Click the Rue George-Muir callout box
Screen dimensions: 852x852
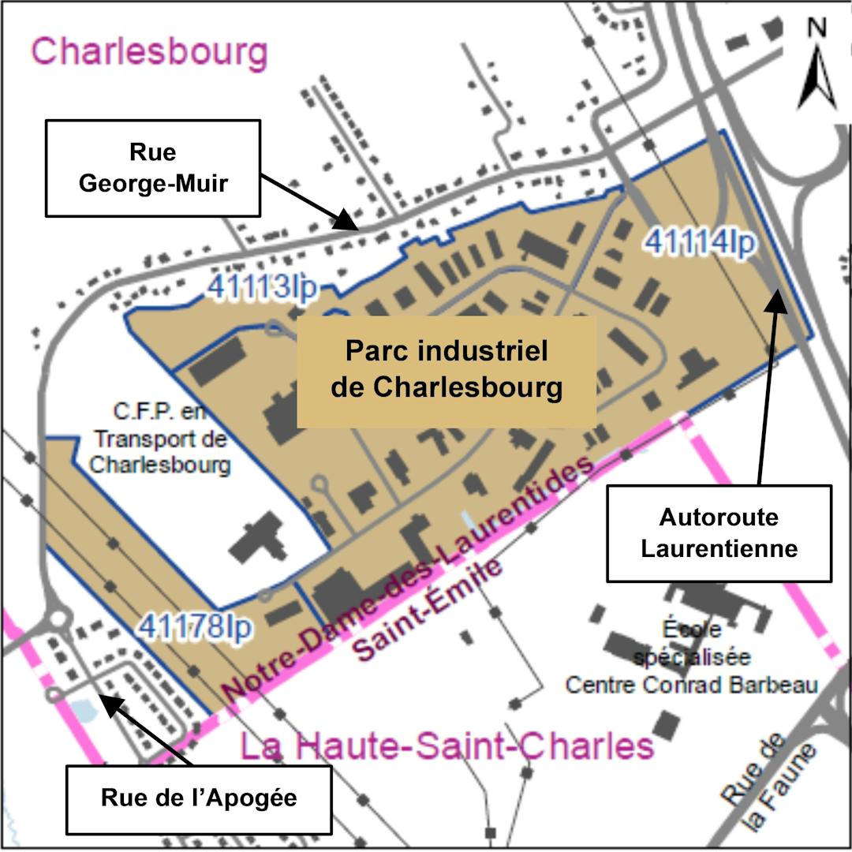152,168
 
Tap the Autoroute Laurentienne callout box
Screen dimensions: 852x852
719,533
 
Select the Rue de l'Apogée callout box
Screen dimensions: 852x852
198,798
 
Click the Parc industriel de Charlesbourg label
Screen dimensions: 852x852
446,371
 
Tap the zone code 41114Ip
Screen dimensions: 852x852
700,241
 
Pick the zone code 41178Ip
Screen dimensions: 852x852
196,628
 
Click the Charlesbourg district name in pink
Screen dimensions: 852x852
149,52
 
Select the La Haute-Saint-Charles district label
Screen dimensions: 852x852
447,745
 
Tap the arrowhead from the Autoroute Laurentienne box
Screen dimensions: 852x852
777,297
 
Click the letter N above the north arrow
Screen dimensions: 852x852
817,28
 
